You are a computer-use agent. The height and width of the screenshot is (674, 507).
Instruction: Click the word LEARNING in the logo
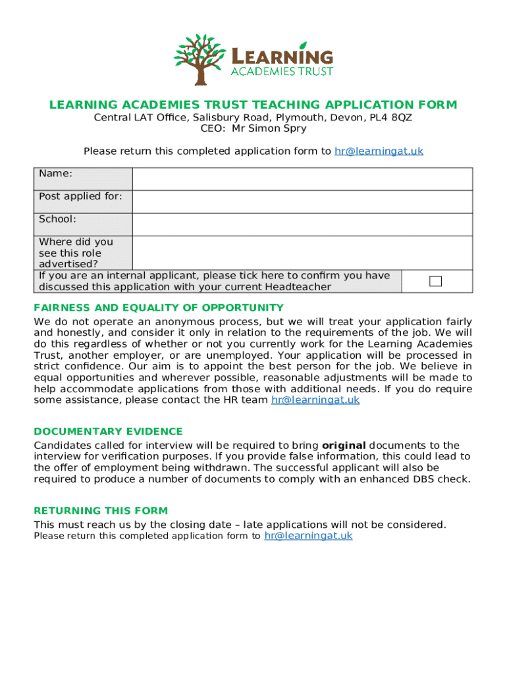(281, 56)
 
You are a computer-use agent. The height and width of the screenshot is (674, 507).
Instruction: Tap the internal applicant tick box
(435, 282)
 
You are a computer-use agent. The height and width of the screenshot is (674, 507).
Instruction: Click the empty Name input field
(302, 179)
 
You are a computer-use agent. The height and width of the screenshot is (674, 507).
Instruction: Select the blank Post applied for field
(302, 202)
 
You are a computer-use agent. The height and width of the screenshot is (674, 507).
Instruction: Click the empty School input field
(302, 224)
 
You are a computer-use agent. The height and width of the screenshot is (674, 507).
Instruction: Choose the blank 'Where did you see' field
(302, 253)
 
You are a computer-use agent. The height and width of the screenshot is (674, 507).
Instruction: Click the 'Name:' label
(56, 174)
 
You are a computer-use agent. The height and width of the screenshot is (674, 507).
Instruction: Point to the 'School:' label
(57, 219)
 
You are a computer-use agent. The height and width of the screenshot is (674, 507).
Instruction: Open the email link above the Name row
(379, 151)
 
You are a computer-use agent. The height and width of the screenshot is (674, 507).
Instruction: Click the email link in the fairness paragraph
(315, 400)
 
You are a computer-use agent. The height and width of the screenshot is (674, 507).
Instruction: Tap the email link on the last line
(308, 536)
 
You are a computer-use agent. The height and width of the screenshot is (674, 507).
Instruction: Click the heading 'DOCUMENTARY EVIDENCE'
(108, 432)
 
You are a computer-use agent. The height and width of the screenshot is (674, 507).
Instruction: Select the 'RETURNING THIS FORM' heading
(101, 511)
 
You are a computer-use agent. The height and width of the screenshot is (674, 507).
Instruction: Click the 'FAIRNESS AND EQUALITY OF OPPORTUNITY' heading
(159, 308)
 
